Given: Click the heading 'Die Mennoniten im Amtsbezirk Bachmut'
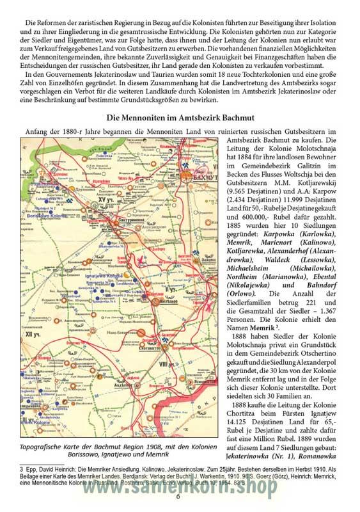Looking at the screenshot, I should (x=180, y=118).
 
